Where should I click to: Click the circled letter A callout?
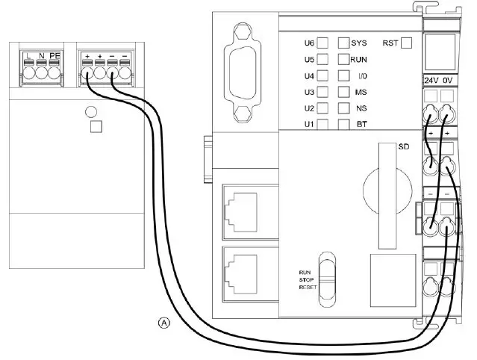[x=164, y=323]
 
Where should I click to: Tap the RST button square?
[x=406, y=43]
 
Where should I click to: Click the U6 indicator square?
[x=323, y=43]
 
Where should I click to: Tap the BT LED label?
[x=361, y=124]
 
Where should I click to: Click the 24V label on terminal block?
[x=431, y=78]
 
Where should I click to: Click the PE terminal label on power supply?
[x=56, y=57]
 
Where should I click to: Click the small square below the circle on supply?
[x=95, y=127]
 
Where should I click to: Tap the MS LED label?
[x=361, y=92]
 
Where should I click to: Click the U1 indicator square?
[x=323, y=124]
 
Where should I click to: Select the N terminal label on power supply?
[x=42, y=57]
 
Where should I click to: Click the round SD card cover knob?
[x=387, y=182]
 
